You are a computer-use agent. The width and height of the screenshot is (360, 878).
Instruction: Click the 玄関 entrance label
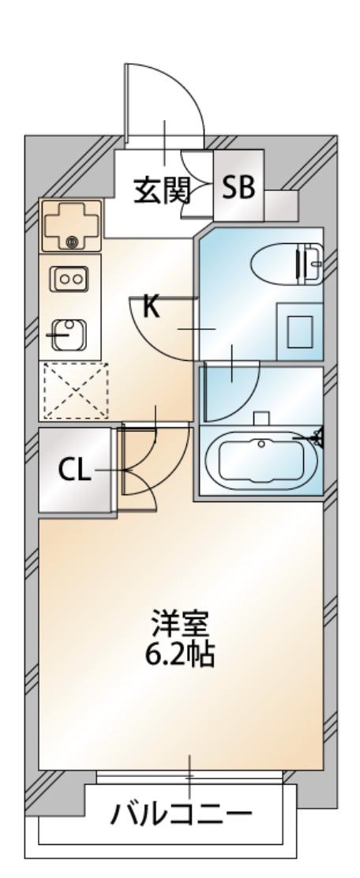click(x=163, y=190)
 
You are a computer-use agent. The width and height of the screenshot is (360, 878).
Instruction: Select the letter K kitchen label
click(x=151, y=307)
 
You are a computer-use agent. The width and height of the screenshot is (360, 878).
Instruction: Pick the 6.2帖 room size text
click(x=180, y=654)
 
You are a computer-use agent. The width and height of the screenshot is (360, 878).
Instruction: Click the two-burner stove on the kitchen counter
click(x=69, y=279)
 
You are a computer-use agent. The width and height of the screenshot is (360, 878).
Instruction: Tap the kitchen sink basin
click(x=69, y=335)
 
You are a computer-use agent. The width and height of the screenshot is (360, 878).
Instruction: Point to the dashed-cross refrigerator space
click(x=75, y=390)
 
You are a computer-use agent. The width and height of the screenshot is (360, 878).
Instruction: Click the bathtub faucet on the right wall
click(x=315, y=436)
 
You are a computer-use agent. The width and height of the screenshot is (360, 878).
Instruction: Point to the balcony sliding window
click(x=189, y=777)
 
